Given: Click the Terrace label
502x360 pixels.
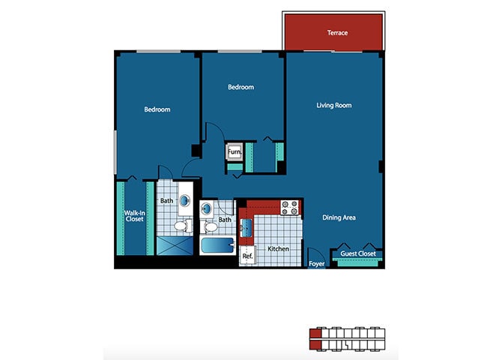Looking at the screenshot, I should [x=337, y=33].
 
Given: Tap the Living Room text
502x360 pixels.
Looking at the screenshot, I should [x=333, y=106].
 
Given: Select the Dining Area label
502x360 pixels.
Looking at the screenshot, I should [x=339, y=217].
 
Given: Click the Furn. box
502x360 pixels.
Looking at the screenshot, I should [x=235, y=151].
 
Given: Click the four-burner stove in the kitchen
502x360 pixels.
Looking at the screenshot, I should [x=290, y=206].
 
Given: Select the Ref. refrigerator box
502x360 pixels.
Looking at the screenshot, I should [x=247, y=256].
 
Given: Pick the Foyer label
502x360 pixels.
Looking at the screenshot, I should [x=317, y=264].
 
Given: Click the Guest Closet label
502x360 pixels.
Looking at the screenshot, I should [x=357, y=254].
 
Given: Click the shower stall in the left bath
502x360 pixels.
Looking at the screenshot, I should [x=173, y=244].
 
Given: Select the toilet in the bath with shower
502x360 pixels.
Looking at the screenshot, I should [x=180, y=225].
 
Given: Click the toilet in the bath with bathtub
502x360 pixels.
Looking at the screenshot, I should [x=211, y=225].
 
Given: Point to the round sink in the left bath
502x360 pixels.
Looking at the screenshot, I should [x=184, y=201].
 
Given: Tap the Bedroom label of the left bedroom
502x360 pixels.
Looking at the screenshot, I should [x=157, y=109].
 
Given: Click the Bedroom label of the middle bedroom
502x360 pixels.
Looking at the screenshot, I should [x=241, y=88].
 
